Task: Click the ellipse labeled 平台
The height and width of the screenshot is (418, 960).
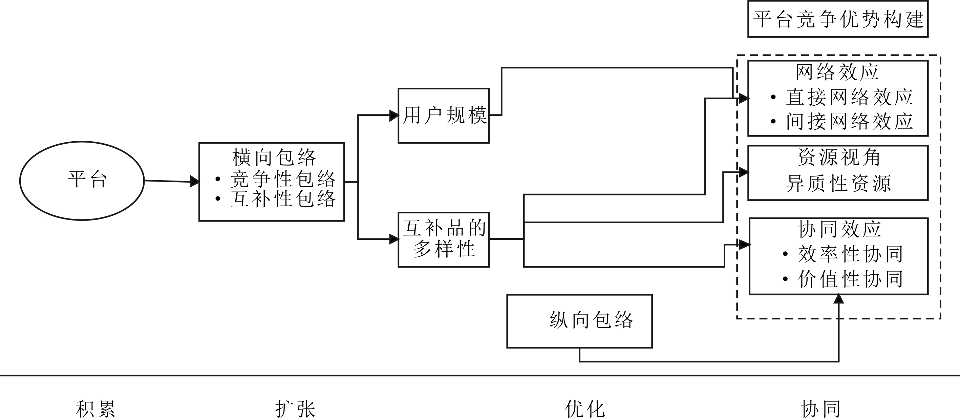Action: pos(82,181)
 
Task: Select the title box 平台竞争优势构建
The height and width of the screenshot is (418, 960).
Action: pos(838,19)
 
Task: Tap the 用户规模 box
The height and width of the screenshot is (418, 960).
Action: pos(444,115)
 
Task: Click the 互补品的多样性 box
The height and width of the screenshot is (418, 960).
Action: pos(444,239)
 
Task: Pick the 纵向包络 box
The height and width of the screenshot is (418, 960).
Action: pos(579,321)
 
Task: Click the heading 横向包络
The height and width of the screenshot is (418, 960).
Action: pos(274,158)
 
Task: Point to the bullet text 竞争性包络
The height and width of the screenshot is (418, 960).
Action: pos(283,179)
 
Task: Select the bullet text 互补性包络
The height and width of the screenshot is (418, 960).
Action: pos(283,199)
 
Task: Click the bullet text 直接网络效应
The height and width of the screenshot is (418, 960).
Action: pos(849,97)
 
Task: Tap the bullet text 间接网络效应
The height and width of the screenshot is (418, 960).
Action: pos(849,122)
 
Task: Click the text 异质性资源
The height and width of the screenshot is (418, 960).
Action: pos(838,184)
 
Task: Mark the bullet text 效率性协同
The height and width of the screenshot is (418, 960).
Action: pos(850,254)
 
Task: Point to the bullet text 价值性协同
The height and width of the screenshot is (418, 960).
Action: pos(850,279)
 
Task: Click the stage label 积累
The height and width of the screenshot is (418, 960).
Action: pos(95,409)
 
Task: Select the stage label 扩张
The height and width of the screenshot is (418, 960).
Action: pos(295,409)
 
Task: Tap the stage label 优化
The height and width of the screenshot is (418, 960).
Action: pos(585,409)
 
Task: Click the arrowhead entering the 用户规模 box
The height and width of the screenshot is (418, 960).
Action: pos(394,115)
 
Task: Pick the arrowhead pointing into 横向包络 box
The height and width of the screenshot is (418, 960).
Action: pos(195,182)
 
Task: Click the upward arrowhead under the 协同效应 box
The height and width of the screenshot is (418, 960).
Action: pos(838,299)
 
